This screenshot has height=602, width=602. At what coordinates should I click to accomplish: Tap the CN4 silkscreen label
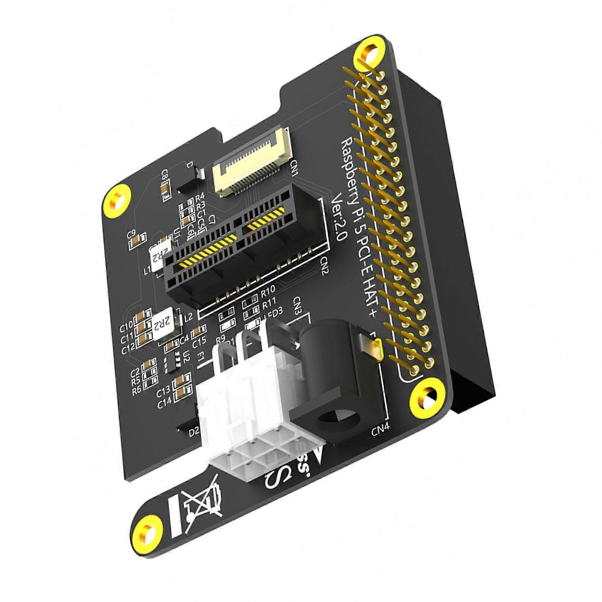380,430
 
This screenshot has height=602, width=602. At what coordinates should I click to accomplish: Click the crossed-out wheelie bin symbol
202,505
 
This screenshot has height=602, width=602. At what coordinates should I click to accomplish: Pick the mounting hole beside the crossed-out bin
146,534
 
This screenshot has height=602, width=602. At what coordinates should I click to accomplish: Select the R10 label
268,290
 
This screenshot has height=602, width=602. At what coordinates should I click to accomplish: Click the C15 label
199,342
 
